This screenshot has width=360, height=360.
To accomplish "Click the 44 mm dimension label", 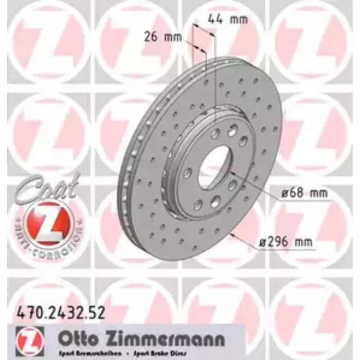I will coord(227,20).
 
